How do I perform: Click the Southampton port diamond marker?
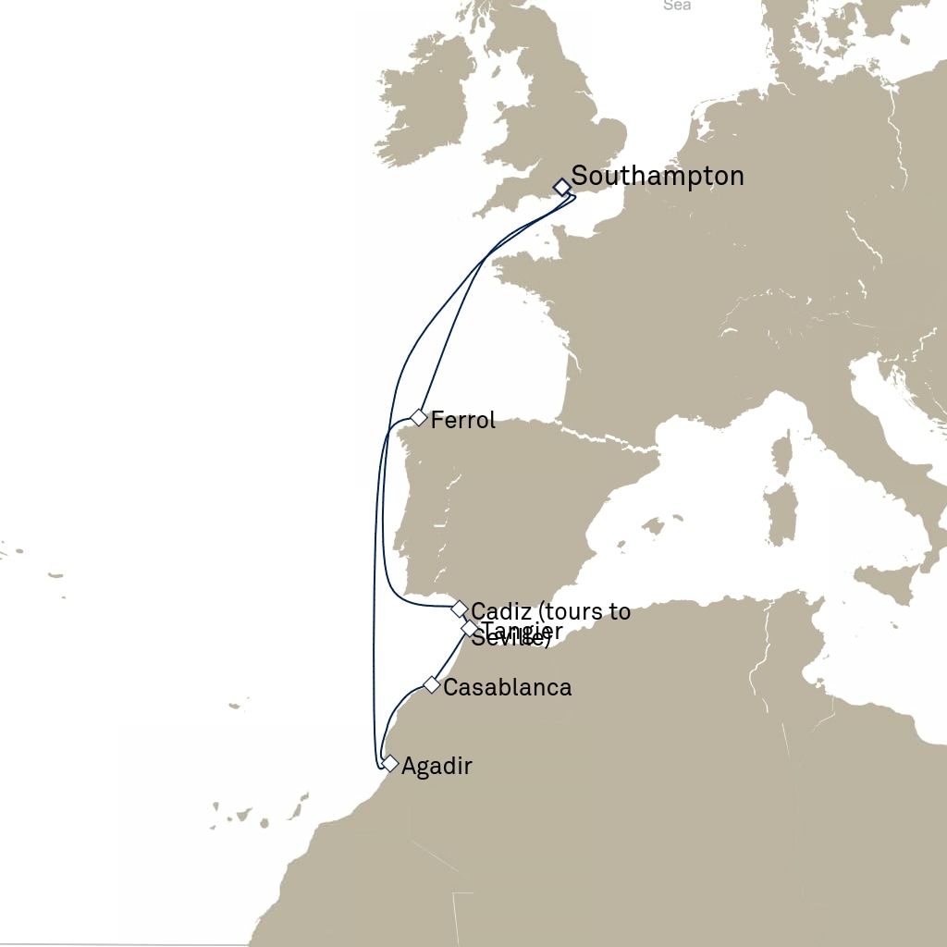[x=561, y=187]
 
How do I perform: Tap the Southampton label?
[x=658, y=176]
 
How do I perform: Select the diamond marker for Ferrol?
[x=419, y=417]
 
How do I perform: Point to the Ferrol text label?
[x=463, y=421]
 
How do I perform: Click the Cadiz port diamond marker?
[x=459, y=609]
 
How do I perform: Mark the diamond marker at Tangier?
[x=470, y=629]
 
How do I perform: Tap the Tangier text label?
[x=523, y=631]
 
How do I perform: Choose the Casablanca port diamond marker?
[x=431, y=684]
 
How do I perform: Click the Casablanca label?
[x=507, y=688]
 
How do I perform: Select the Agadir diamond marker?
[x=390, y=764]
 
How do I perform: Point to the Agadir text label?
[x=437, y=767]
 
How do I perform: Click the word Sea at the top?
[x=677, y=6]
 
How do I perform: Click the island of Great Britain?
[x=546, y=120]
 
